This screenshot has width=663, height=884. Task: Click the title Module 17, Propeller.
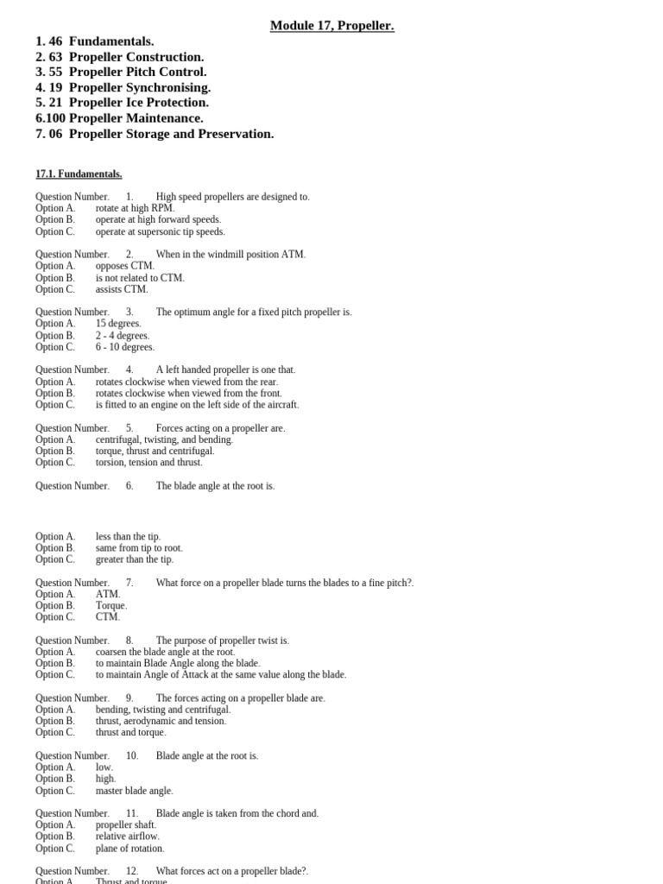point(331,26)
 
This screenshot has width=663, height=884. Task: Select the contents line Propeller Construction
point(136,57)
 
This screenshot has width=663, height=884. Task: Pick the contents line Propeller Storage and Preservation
point(171,134)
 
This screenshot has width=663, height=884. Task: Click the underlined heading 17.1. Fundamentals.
point(79,174)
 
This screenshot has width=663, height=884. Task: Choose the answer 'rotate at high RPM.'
point(135,208)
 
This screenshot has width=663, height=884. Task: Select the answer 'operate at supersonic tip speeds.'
point(160,231)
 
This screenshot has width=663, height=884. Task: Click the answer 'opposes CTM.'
point(125,266)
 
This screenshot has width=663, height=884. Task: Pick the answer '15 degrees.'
point(118,324)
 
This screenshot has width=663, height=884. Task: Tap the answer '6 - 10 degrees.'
point(125,347)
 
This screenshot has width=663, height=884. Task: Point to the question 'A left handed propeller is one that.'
point(225,369)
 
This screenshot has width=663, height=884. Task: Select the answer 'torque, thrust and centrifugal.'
point(155,451)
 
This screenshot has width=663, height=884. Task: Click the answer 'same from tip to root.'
point(139,547)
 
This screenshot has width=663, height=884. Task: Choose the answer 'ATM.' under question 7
point(108,594)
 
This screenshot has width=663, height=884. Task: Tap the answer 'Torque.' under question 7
point(111,605)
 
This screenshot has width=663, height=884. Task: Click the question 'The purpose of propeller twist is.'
point(222,641)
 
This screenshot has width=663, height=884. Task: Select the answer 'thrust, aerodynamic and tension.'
point(161,721)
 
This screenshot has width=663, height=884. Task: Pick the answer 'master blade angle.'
point(134,790)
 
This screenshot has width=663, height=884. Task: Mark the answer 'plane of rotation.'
point(129,848)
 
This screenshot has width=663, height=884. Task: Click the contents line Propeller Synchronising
point(139,87)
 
